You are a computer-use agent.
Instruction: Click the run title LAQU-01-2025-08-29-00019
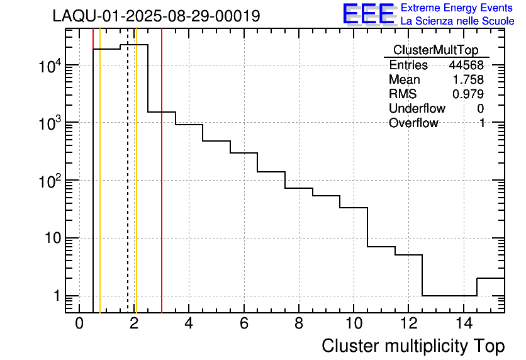[x=156, y=16]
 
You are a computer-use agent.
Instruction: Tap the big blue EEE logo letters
[x=369, y=14]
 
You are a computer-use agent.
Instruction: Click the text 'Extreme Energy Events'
[x=457, y=8]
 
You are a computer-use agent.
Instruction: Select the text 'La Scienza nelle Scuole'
[x=457, y=21]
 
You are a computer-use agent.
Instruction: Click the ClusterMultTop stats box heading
[x=435, y=50]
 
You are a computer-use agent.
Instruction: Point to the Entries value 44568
[x=466, y=65]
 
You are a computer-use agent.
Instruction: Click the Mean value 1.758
[x=468, y=80]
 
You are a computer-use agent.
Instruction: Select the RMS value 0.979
[x=468, y=94]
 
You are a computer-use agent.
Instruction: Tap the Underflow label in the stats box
[x=417, y=108]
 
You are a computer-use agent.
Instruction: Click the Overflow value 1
[x=482, y=123]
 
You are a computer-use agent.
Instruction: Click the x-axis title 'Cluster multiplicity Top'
[x=413, y=346]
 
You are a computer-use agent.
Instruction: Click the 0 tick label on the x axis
[x=79, y=324]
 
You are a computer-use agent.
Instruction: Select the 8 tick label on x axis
[x=298, y=324]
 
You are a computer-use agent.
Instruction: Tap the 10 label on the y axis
[x=50, y=239]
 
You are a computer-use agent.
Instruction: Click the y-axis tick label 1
[x=55, y=296]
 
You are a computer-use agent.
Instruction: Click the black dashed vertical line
[x=128, y=189]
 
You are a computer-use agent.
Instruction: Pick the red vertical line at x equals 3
[x=162, y=189]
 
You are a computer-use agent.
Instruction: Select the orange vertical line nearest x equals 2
[x=136, y=189]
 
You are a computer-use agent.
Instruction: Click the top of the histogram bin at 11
[x=381, y=247]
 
